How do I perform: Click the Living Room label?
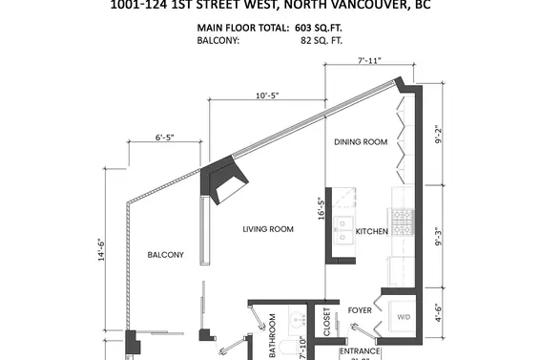coord(267,229)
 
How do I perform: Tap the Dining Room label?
coord(361,142)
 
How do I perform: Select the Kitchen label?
coord(370,232)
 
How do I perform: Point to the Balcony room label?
coord(166,255)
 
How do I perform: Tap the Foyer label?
coord(359,309)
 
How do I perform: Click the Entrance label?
coord(360,351)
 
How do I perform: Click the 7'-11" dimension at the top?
coord(369,60)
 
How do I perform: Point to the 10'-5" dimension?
coord(268,95)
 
